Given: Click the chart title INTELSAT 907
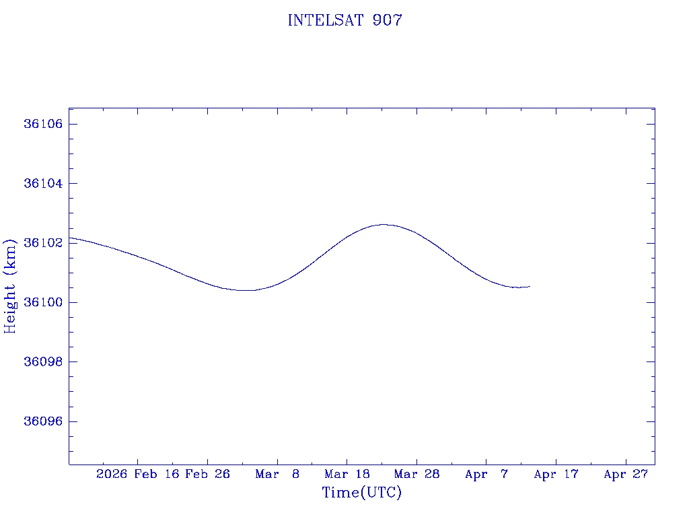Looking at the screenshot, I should pyautogui.click(x=344, y=21).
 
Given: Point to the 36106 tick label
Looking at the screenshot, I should pyautogui.click(x=43, y=124).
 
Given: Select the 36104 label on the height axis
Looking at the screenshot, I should pyautogui.click(x=43, y=183).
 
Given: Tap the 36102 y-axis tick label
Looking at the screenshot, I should pyautogui.click(x=43, y=243).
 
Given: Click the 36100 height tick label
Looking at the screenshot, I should pyautogui.click(x=43, y=302).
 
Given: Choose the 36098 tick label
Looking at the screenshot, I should pyautogui.click(x=43, y=361).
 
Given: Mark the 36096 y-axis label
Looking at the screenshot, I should pyautogui.click(x=43, y=421).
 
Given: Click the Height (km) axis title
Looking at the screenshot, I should pyautogui.click(x=10, y=286).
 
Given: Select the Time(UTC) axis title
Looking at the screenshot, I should pyautogui.click(x=362, y=493).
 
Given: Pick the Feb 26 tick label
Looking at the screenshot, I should pyautogui.click(x=208, y=474).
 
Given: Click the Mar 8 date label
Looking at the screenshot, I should pyautogui.click(x=277, y=474).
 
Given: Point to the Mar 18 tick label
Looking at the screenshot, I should pyautogui.click(x=347, y=474).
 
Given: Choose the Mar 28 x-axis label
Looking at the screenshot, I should pyautogui.click(x=416, y=474).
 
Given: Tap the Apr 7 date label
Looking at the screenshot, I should pyautogui.click(x=486, y=474).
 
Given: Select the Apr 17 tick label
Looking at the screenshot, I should pyautogui.click(x=556, y=474).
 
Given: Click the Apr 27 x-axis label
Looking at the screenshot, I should pyautogui.click(x=626, y=474).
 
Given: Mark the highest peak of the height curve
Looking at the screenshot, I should pyautogui.click(x=384, y=224).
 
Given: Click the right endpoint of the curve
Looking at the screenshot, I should pyautogui.click(x=530, y=287).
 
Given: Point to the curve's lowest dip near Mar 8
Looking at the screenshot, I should pyautogui.click(x=246, y=290).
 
